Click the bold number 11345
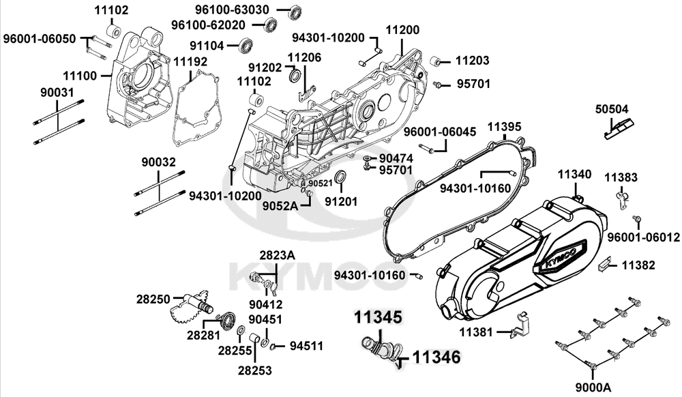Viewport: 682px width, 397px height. click(378, 317)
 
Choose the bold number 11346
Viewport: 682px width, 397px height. click(436, 356)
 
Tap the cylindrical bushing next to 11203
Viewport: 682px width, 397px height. click(438, 61)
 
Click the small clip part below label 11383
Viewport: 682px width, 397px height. click(622, 198)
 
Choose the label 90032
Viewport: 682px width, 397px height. click(159, 162)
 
